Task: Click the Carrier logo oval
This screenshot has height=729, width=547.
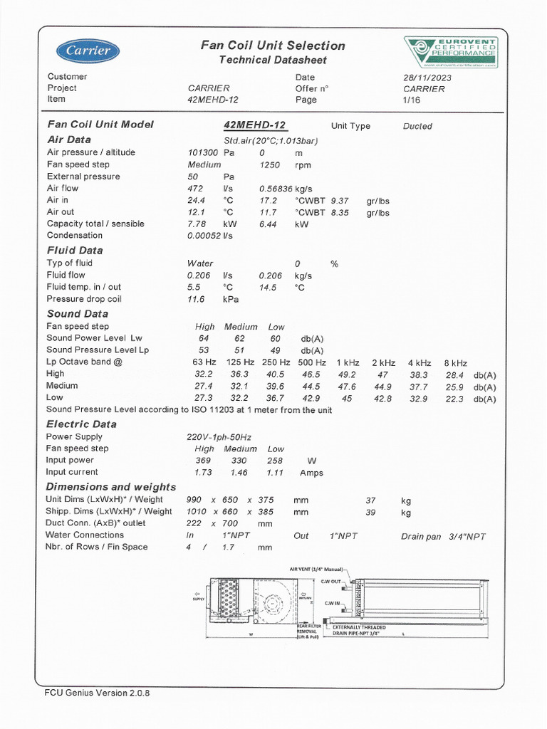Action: [x=88, y=51]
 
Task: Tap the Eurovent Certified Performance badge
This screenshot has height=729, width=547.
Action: [x=451, y=52]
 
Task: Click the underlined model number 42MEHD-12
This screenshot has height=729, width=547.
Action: [x=254, y=125]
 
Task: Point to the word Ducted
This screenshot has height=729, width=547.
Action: [x=417, y=126]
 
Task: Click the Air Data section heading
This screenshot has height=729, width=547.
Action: [x=69, y=140]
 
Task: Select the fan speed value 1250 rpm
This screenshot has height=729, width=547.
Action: [x=270, y=164]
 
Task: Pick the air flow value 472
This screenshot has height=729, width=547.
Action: [x=195, y=189]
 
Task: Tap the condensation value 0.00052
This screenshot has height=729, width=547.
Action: [x=204, y=236]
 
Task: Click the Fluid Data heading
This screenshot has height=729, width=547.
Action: [x=75, y=251]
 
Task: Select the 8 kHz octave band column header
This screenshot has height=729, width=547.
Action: [x=455, y=363]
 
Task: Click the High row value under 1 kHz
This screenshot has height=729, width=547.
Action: [x=347, y=374]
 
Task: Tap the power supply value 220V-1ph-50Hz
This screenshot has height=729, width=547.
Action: [x=219, y=437]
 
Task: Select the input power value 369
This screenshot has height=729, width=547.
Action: [x=204, y=461]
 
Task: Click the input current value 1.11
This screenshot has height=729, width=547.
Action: [x=275, y=473]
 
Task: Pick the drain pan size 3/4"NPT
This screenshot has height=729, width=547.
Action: [x=467, y=537]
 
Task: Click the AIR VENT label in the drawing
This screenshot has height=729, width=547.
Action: [x=316, y=570]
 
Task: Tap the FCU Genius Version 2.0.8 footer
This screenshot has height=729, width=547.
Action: [x=98, y=693]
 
